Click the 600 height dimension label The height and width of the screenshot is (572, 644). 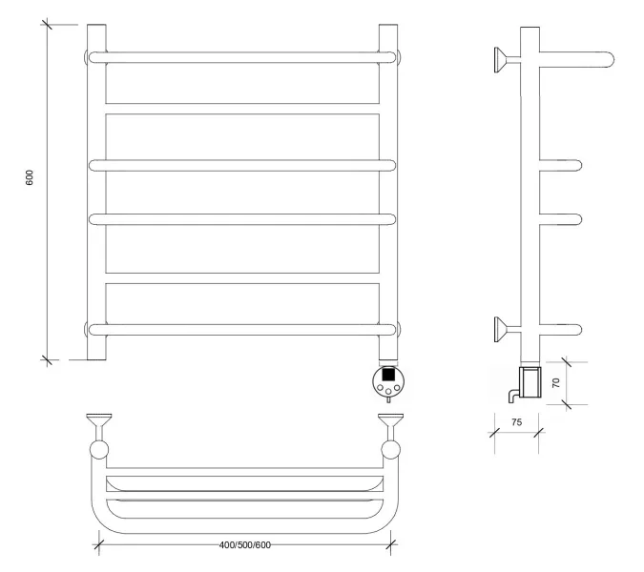tap(30, 177)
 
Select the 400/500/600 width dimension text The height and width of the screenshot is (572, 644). tap(245, 545)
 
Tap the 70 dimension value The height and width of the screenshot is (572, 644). tap(555, 383)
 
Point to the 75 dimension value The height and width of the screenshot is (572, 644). tap(517, 421)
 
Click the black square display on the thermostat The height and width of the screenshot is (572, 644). tap(388, 375)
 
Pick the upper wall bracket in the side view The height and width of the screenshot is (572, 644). tap(508, 60)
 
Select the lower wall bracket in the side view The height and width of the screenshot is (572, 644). tap(508, 329)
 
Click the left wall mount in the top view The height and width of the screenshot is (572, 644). tap(99, 435)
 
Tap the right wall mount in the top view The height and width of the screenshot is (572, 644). tap(390, 435)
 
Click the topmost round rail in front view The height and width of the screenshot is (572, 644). tap(242, 57)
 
